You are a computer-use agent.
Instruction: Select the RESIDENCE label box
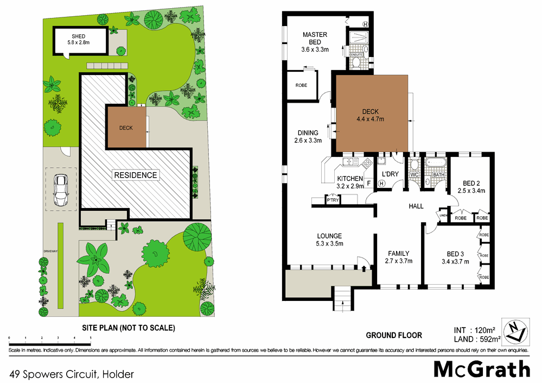136,175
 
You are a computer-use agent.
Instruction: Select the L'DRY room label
390,174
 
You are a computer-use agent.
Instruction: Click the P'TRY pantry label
332,200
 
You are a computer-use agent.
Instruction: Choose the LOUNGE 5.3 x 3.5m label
329,240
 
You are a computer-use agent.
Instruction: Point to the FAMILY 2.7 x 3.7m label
398,256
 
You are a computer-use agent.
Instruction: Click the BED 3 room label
456,257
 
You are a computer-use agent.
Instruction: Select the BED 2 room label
470,186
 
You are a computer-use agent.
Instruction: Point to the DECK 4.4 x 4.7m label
370,115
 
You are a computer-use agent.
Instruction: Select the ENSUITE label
356,54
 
